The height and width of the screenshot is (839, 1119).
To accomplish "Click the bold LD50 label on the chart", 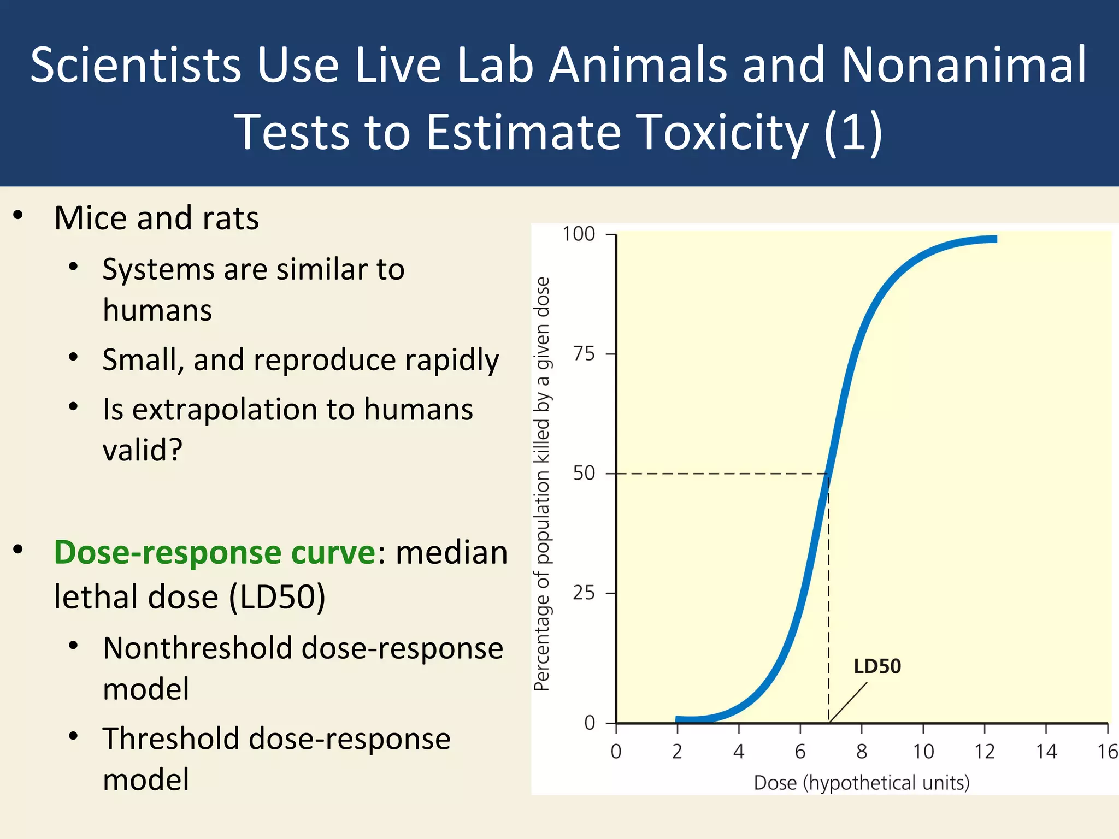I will pos(877,666).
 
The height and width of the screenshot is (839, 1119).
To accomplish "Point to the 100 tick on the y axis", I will pos(579,234).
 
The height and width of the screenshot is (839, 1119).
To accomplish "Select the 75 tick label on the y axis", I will pos(584,354).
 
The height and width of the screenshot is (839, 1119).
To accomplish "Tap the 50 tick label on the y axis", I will pos(584,473).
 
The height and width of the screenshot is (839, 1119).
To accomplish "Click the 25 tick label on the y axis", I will pos(584,593).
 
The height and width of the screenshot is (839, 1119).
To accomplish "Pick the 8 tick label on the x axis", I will pos(862,752).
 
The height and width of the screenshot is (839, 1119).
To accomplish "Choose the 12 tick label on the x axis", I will pos(984,752).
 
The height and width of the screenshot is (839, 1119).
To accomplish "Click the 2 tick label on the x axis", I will pos(677,752).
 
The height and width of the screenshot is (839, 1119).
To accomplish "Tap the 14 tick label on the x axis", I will pos(1046,752).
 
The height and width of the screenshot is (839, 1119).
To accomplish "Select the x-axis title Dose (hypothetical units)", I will pos(862,783).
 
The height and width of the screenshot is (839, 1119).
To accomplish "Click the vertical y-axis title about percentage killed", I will pos(541,483).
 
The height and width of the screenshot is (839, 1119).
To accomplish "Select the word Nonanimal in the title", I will pos(964,65).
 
